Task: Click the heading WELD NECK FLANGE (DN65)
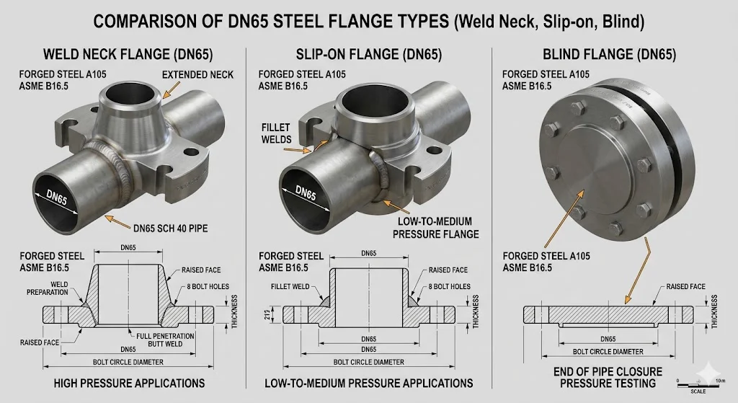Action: [x=128, y=55]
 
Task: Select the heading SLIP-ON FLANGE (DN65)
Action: [x=369, y=55]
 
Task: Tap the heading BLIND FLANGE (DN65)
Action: [x=610, y=55]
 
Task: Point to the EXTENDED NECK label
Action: [x=197, y=75]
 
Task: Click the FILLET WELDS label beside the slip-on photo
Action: [x=276, y=133]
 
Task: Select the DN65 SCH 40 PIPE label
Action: [x=170, y=229]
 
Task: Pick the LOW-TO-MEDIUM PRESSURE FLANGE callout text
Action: [x=435, y=228]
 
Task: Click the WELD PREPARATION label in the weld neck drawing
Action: [x=47, y=288]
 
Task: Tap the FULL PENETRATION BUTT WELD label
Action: [x=165, y=340]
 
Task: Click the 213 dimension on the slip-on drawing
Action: [x=267, y=314]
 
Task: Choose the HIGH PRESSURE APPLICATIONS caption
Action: [x=129, y=384]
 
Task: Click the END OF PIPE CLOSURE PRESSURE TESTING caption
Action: [x=608, y=378]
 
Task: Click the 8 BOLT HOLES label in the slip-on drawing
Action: [x=449, y=287]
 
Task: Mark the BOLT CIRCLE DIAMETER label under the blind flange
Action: [x=608, y=352]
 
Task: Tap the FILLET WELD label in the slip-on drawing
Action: [x=290, y=287]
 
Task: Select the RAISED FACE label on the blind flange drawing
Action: [x=686, y=287]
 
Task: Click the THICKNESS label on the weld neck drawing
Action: [x=234, y=311]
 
